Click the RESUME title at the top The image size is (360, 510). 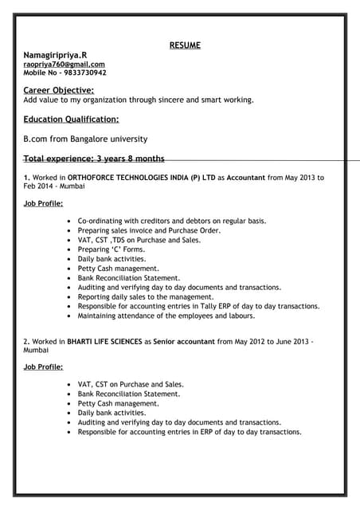click(185, 45)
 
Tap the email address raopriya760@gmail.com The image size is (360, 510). click(64, 64)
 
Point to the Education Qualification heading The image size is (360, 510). click(71, 120)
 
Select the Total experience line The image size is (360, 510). click(94, 159)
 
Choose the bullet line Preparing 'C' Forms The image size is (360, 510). click(111, 249)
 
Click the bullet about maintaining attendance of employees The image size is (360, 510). click(166, 316)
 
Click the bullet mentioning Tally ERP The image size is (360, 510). click(198, 306)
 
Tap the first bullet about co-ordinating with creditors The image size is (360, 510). click(171, 220)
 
